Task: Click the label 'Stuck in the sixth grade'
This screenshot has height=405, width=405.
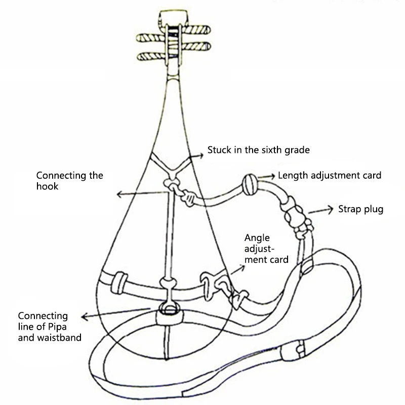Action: click(258, 150)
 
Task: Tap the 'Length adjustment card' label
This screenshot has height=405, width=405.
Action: click(330, 176)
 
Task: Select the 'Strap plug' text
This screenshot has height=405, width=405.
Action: click(361, 209)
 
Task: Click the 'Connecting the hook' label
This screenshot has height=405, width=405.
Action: click(69, 181)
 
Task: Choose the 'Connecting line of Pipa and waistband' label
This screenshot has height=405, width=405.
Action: click(49, 326)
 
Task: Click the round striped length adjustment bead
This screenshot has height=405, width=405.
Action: click(250, 182)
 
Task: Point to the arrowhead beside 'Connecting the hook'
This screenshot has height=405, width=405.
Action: click(117, 194)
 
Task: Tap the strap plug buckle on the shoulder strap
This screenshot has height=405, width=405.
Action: click(296, 218)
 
